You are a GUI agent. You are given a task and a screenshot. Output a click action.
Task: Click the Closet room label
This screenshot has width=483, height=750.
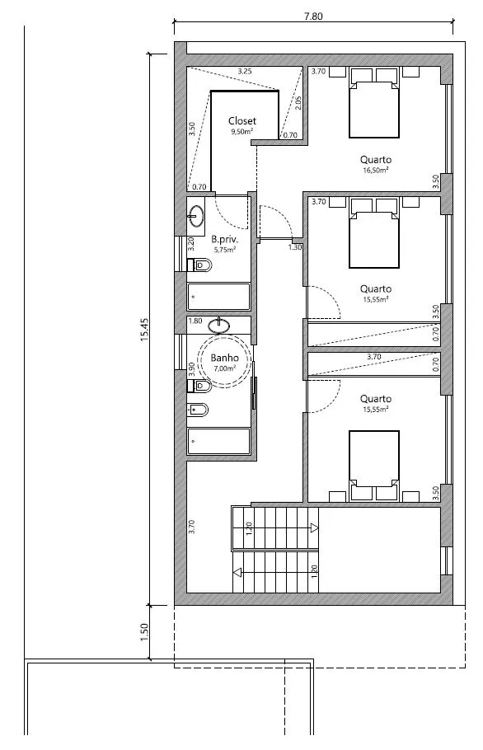pos(242,121)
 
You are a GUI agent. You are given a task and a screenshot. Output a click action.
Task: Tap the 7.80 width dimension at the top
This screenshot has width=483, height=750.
pos(313,16)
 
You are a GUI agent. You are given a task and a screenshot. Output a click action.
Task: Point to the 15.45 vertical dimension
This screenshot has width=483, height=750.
pos(144,330)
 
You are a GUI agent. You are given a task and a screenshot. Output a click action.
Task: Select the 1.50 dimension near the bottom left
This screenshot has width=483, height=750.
pos(144,632)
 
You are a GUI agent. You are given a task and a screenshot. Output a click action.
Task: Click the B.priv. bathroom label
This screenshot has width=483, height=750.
pos(224,239)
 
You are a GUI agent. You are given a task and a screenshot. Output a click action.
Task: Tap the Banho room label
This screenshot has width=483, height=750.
pos(224,358)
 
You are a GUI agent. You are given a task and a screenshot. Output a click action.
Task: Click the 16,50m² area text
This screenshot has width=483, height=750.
pos(375,170)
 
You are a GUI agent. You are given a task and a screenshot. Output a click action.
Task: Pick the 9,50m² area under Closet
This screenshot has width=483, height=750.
pos(242,131)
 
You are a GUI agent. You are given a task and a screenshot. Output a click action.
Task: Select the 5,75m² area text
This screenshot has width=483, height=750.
pos(224,249)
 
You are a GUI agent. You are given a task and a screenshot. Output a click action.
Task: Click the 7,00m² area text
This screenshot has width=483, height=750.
pos(224,368)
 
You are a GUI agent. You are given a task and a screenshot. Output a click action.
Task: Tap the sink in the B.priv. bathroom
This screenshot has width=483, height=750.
pos(196,216)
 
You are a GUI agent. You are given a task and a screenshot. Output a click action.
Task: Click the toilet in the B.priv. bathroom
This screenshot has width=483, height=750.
pos(199,265)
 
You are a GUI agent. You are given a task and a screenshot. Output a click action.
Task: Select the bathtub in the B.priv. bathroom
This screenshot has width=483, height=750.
pos(218,297)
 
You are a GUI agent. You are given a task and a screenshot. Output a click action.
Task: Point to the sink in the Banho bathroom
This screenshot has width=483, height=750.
pos(219,326)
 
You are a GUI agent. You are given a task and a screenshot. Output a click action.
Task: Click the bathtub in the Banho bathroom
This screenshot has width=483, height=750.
pos(218,441)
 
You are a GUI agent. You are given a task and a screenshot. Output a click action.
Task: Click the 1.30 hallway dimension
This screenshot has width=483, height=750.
pos(295,247)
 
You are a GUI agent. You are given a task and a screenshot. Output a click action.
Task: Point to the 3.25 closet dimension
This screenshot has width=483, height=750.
pos(244,72)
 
